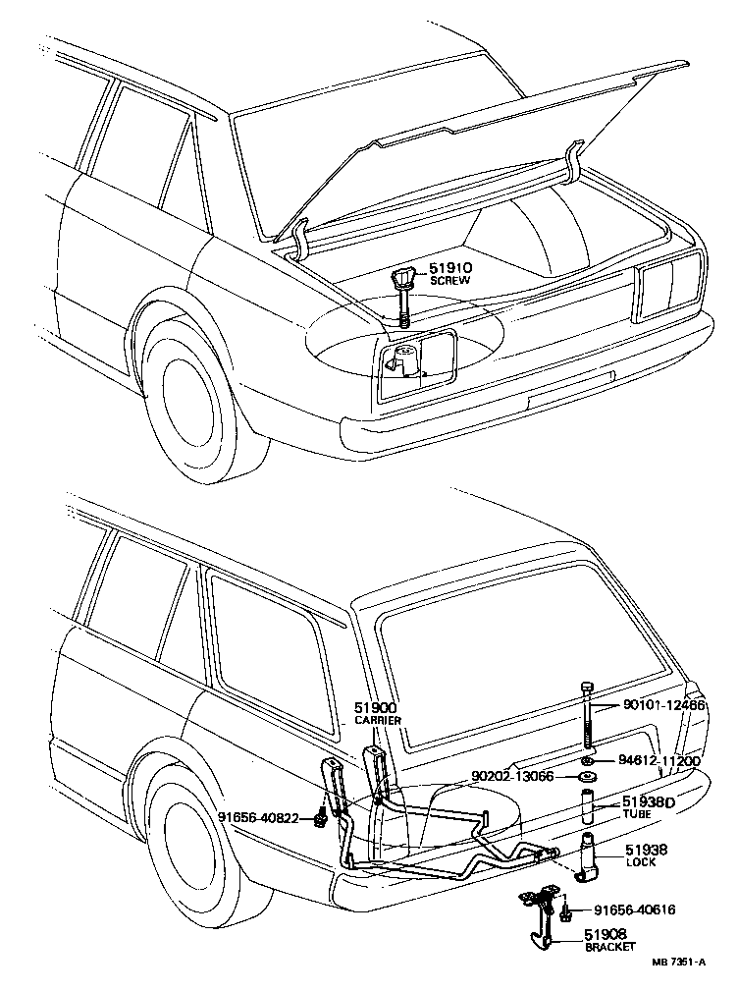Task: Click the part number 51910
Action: [448, 268]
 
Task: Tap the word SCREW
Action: [449, 281]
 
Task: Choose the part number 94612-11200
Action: [659, 760]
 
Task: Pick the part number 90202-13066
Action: [513, 777]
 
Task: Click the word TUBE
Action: [637, 815]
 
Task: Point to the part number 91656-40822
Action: [258, 817]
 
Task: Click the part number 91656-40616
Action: [635, 910]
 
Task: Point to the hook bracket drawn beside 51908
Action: [538, 918]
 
